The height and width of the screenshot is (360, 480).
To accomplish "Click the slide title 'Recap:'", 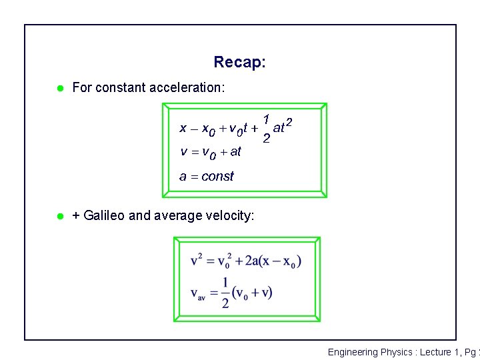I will [x=240, y=63].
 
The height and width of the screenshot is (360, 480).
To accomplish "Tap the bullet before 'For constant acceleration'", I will [x=59, y=87].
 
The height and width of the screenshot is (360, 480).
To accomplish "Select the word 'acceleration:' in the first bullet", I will [x=187, y=87].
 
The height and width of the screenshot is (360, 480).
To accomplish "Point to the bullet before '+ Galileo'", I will [x=59, y=216].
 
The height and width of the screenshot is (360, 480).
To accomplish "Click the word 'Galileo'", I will [x=104, y=216].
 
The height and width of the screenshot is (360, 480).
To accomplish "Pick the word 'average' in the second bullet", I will [x=178, y=216].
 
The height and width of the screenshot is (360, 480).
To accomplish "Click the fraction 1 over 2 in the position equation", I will [x=266, y=129].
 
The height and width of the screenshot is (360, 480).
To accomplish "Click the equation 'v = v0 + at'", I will [x=211, y=152].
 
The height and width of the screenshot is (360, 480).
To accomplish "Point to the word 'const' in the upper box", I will [x=217, y=177].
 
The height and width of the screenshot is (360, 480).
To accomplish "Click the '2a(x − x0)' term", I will [x=273, y=261].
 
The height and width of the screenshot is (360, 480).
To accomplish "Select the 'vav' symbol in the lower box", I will [x=198, y=294].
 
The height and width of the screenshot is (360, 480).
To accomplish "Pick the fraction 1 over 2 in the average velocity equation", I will [x=225, y=293].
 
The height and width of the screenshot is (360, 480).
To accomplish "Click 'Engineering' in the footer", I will [x=353, y=352].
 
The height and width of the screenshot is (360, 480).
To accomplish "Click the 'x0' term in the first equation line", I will [x=209, y=129].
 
